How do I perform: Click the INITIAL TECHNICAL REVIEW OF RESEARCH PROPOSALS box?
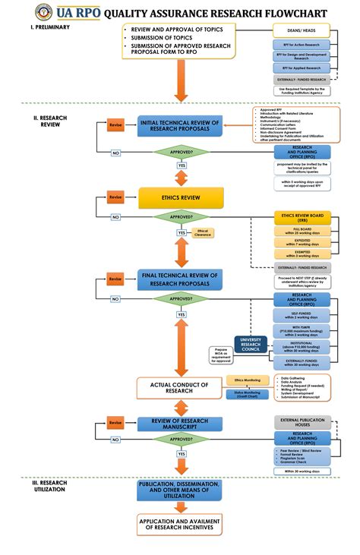[x=181, y=126]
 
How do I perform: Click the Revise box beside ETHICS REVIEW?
[x=115, y=197]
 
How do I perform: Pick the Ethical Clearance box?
[x=202, y=233]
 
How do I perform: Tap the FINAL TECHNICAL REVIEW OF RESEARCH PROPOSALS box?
[x=181, y=279]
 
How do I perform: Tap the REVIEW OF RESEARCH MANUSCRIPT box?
[x=181, y=424]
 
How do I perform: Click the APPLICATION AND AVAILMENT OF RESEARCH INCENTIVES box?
[x=180, y=523]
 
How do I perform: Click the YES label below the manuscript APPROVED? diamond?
[x=182, y=454]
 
